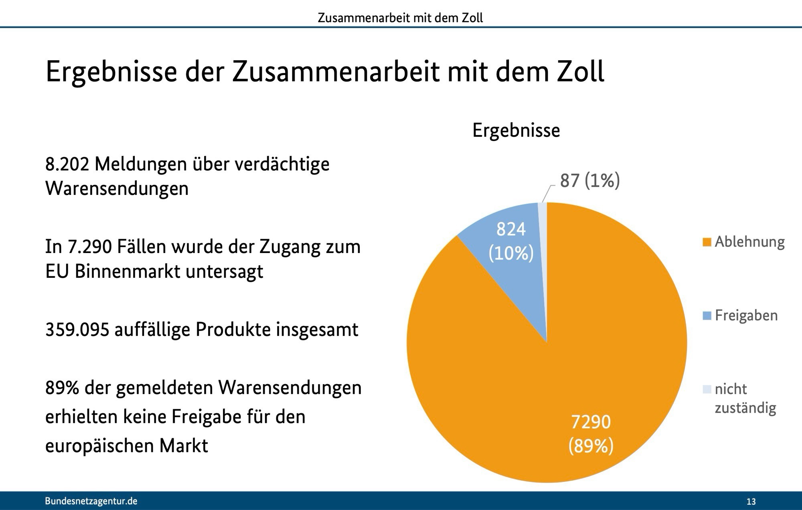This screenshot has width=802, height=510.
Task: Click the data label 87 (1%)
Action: pyautogui.click(x=590, y=180)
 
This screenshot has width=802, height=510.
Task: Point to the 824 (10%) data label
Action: pyautogui.click(x=511, y=241)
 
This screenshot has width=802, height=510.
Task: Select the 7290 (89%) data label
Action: pyautogui.click(x=591, y=434)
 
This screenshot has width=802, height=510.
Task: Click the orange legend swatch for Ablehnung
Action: pyautogui.click(x=707, y=242)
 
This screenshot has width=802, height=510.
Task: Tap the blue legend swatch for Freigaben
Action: pyautogui.click(x=707, y=316)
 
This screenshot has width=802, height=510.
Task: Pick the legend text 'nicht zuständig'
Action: pyautogui.click(x=745, y=398)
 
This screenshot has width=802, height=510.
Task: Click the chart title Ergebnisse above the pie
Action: pyautogui.click(x=516, y=130)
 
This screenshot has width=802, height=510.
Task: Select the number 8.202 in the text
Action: pyautogui.click(x=67, y=164)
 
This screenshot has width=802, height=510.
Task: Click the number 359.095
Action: pyautogui.click(x=77, y=330)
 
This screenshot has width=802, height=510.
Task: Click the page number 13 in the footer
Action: pyautogui.click(x=751, y=502)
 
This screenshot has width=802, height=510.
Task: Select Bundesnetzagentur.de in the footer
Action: pyautogui.click(x=91, y=501)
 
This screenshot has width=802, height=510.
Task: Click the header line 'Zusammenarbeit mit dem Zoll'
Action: pyautogui.click(x=400, y=18)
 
